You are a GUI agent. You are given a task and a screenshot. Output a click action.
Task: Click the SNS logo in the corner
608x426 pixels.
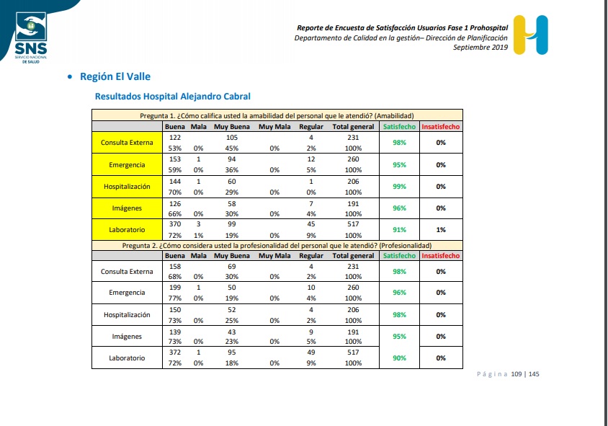[x=31, y=37]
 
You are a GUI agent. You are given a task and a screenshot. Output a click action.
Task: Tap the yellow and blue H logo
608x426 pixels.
[x=530, y=35]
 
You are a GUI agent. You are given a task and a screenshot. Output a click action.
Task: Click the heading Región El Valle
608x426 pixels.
[x=115, y=77]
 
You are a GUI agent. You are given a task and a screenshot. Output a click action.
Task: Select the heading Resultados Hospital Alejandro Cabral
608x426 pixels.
[x=173, y=96]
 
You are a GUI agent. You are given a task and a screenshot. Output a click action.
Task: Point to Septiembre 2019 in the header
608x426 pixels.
[x=480, y=48]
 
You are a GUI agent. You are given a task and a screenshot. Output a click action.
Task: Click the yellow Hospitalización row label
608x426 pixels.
[x=127, y=187]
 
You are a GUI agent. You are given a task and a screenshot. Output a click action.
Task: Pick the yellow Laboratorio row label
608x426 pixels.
[x=127, y=230]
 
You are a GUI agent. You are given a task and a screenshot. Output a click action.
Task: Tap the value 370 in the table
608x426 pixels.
[x=175, y=224]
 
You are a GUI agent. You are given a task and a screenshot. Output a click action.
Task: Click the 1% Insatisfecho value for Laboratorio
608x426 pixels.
[x=441, y=230]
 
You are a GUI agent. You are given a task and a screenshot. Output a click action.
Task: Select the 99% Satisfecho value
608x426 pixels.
[x=399, y=187]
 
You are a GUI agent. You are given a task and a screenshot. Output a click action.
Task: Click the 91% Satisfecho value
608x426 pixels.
[x=399, y=230]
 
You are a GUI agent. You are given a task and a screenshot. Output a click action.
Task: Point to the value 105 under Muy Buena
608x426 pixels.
[x=232, y=138]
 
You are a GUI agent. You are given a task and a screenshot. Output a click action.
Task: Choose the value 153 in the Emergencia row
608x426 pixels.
[x=175, y=159]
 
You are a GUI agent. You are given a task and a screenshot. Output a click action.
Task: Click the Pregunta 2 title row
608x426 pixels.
[x=277, y=246]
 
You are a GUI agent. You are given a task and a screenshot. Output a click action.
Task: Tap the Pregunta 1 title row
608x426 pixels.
[x=277, y=115]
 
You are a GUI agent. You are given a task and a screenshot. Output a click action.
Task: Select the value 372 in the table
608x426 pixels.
[x=175, y=352]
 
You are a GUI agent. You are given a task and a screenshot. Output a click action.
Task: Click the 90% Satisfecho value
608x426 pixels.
[x=399, y=358]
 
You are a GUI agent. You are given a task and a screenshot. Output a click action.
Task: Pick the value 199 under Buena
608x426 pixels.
[x=175, y=288]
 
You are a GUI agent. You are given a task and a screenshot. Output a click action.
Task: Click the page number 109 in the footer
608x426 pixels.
[x=517, y=374]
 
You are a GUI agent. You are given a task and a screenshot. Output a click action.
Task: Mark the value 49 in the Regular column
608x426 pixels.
[x=311, y=352]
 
